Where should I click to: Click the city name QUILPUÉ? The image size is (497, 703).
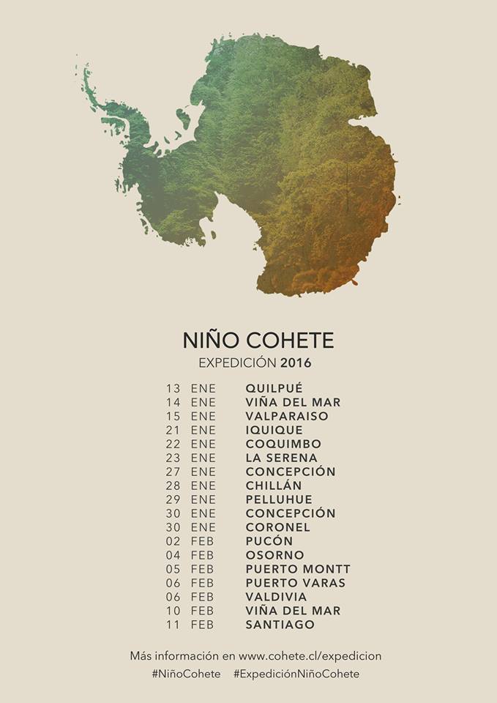coord(274,388)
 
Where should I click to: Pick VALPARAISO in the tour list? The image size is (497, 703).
coord(287,416)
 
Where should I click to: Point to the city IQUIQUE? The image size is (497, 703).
coord(274,430)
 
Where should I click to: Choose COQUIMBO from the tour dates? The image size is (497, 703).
coord(283,444)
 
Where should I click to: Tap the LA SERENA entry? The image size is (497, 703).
coord(282,458)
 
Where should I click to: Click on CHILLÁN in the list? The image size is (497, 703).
coord(274,486)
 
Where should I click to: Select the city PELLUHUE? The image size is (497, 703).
coord(279,499)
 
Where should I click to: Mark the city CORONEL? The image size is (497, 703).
coord(278,527)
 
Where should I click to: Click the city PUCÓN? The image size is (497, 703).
coord(269,541)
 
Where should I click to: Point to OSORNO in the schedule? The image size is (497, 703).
coord(275,555)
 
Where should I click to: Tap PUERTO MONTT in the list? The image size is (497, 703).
coord(298,569)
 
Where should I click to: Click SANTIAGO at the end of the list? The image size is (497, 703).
coord(280,625)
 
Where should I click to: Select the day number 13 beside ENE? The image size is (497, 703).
coord(173,388)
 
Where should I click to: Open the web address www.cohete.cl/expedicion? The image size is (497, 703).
coord(310,656)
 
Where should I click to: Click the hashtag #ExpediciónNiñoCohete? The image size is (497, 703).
coord(296,674)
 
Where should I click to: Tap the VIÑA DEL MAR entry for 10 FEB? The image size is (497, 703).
coord(293,611)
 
